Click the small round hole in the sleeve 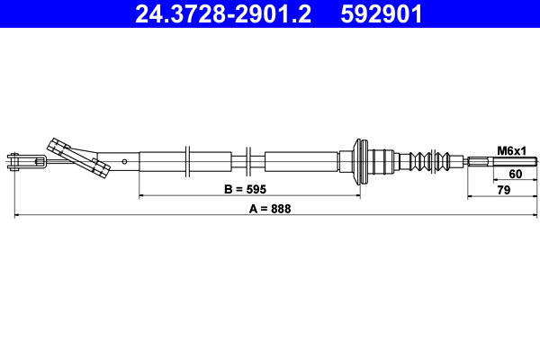coord(125,162)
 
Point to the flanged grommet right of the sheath coord(362,162)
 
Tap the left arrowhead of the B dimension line coord(142,196)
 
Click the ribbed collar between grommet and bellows coord(387,163)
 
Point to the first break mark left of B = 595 coord(187,162)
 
